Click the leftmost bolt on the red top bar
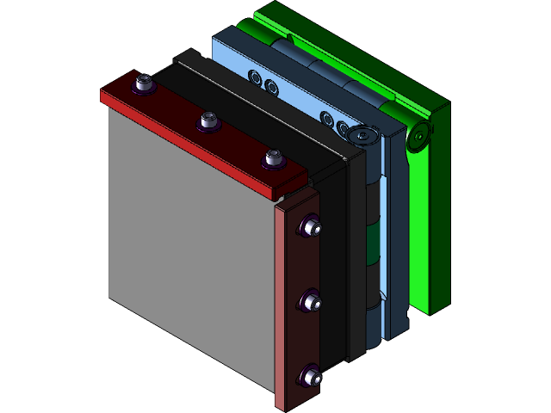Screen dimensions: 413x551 click(144, 83)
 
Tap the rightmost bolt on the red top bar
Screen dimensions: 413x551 click(274, 158)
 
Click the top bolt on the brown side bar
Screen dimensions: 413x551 click(309, 227)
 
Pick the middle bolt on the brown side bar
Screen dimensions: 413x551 click(310, 302)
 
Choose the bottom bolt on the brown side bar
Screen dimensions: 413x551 click(310, 376)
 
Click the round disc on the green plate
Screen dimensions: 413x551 click(420, 136)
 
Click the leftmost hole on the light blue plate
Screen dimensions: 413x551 click(255, 77)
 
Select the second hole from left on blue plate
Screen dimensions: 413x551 click(270, 86)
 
